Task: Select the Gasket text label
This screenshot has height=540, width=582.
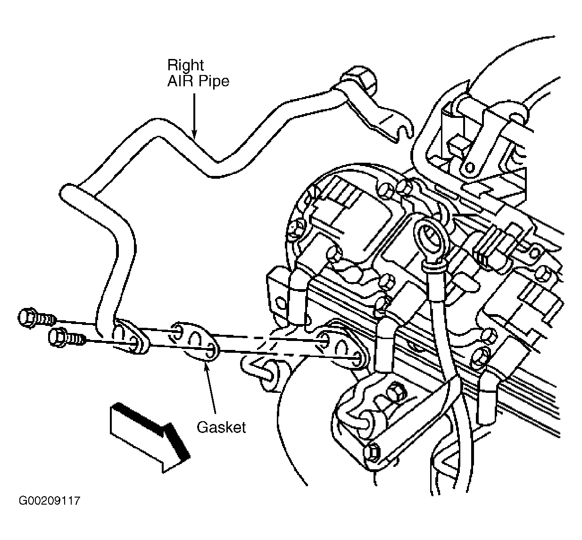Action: [221, 427]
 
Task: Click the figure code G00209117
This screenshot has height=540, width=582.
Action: [49, 501]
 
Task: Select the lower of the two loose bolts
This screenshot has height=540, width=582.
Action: [67, 338]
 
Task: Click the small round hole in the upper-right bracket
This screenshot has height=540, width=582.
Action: [470, 168]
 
